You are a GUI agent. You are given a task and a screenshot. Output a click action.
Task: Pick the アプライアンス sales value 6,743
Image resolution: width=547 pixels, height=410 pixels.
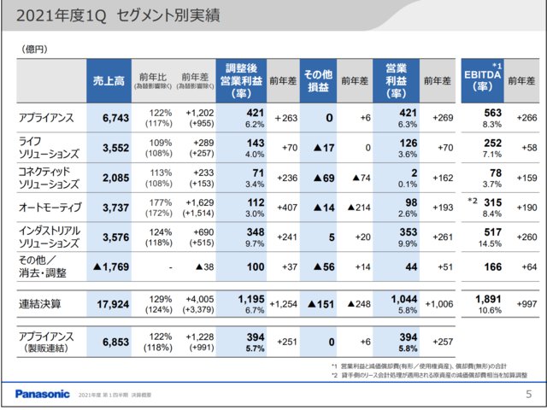(109, 118)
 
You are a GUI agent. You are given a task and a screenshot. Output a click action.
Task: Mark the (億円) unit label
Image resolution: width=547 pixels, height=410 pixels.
(33, 50)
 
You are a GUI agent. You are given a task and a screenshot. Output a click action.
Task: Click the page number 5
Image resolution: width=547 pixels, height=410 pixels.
(528, 394)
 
